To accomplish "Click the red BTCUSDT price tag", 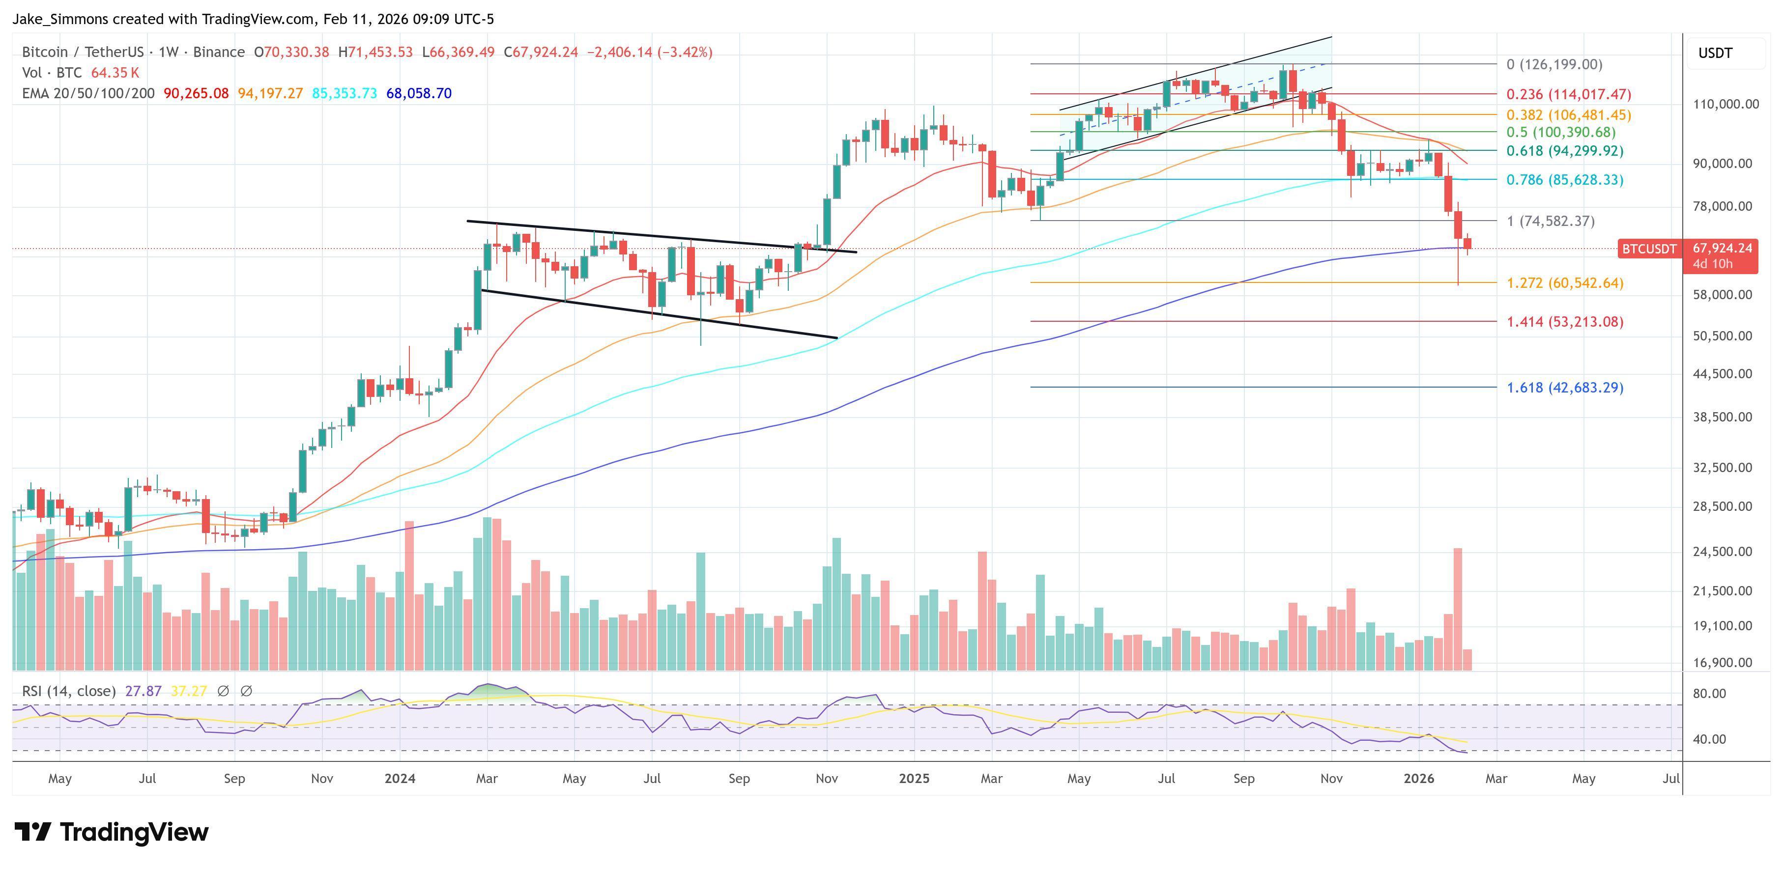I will coord(1649,249).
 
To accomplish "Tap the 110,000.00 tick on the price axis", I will coord(1725,105).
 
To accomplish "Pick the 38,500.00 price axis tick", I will coord(1722,417).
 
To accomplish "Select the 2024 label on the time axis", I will coord(400,778).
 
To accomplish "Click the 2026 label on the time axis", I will coord(1419,778).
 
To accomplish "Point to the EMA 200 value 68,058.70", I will coord(419,93).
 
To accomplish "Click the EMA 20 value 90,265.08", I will coord(196,93).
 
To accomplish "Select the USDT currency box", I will coord(1715,53).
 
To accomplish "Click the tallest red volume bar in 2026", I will coord(1458,609).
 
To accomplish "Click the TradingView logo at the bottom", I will coord(111,832).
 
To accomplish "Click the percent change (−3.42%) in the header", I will coord(685,53).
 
